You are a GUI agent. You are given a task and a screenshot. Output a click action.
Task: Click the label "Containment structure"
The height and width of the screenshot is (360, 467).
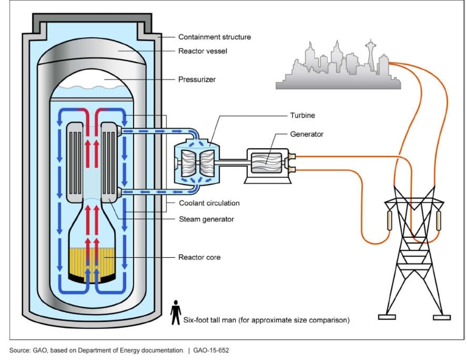(x=214, y=37)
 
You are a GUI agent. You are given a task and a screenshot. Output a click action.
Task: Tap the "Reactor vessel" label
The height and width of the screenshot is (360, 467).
(x=202, y=51)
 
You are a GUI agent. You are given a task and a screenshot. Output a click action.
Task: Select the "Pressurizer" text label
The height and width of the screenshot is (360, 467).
(x=197, y=80)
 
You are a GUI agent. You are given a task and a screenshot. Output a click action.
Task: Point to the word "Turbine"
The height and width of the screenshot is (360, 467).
(x=302, y=116)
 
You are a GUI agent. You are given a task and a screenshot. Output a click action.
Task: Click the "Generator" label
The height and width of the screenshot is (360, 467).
(x=307, y=134)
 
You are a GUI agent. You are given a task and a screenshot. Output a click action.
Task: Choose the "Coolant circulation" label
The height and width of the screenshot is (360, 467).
(x=209, y=203)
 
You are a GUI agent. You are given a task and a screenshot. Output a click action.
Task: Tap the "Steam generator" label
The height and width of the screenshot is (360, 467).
(x=206, y=219)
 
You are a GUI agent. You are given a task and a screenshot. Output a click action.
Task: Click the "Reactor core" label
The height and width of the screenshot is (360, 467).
(x=199, y=257)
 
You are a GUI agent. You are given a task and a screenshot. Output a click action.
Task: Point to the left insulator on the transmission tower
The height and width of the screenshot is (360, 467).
(x=390, y=220)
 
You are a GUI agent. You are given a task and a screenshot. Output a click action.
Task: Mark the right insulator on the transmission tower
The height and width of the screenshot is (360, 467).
(x=439, y=220)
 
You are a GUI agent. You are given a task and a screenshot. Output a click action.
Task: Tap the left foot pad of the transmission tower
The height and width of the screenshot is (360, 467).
(x=386, y=317)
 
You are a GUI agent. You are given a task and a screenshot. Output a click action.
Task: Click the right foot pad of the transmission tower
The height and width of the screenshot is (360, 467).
(x=441, y=317)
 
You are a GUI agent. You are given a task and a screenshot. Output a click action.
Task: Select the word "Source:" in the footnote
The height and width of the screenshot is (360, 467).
(x=19, y=351)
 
